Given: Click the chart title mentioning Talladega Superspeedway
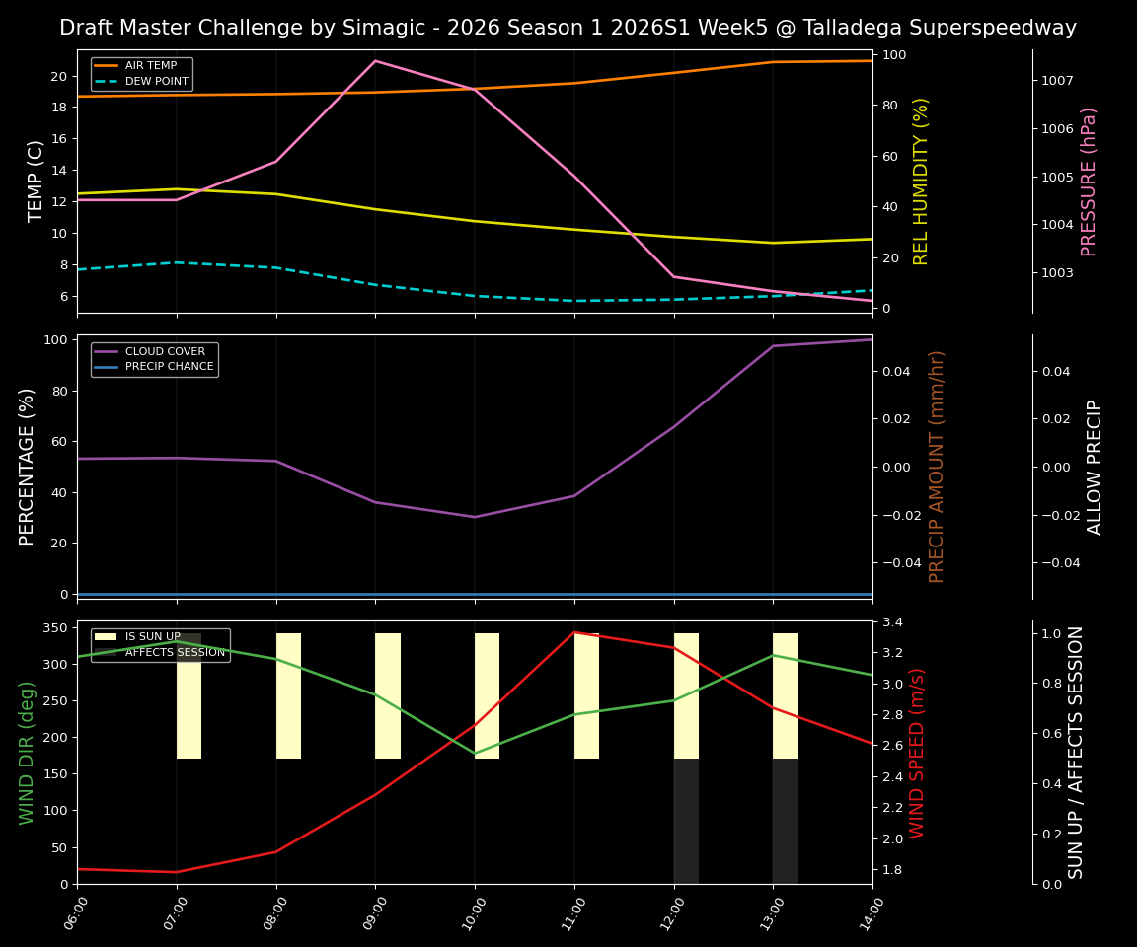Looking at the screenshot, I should coord(568,28).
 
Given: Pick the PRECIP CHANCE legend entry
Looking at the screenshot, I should coord(169,367).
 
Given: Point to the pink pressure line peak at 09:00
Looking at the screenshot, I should coord(375,61).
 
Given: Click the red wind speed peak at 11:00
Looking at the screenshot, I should coord(574,632).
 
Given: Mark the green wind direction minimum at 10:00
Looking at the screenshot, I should coord(475,754).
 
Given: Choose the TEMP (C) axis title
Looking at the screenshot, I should coord(36,181).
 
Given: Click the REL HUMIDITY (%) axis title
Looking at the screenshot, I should coord(921,181).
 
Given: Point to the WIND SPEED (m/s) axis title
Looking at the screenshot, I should coord(917,752).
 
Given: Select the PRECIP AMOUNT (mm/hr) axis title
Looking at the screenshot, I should coord(937,466).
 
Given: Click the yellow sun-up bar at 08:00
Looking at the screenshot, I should coord(288,695).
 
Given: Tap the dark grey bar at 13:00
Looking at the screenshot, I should coord(785,821).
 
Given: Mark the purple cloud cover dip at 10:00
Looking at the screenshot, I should coord(475,517).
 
